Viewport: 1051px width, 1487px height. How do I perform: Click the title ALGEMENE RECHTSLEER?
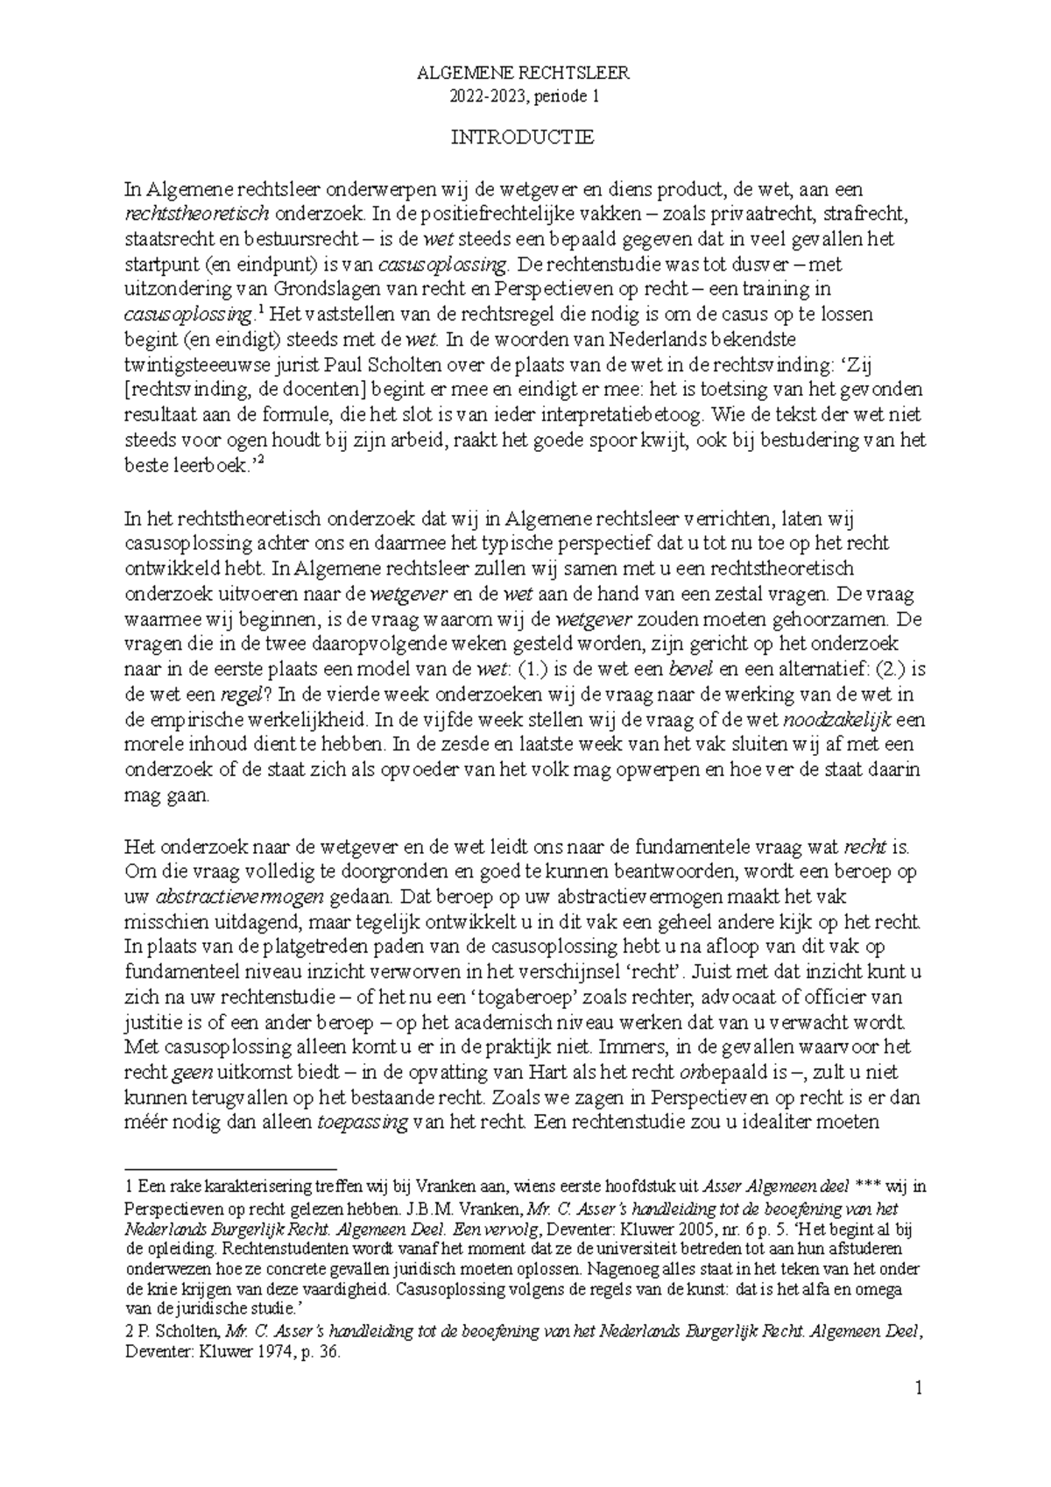[524, 74]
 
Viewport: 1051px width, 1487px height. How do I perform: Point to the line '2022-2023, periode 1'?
[524, 97]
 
